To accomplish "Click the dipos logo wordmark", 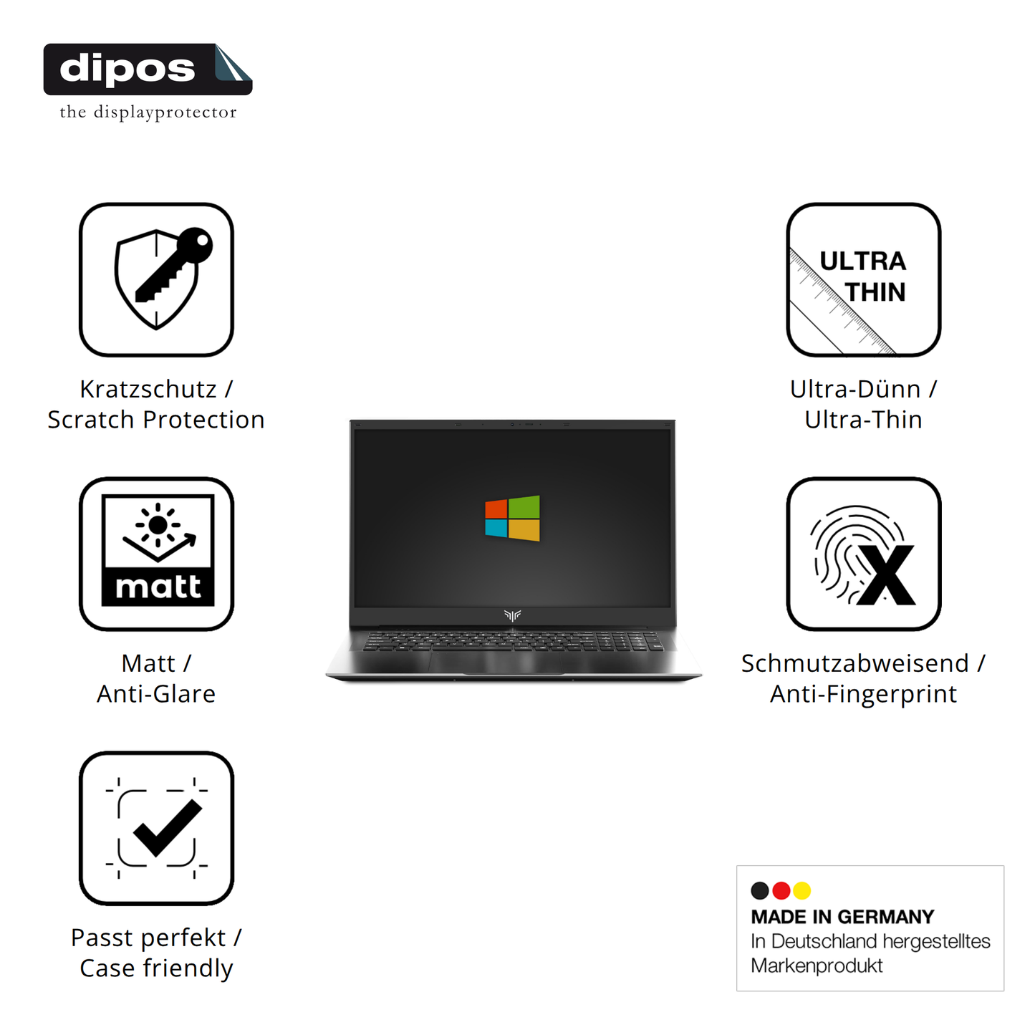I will pos(127,69).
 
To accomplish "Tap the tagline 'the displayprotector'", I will pos(148,112).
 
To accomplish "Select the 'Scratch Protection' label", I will pos(156,420).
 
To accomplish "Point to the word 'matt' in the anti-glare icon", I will pos(158,587).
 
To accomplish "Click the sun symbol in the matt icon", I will pos(158,525).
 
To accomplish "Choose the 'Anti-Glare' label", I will pos(156,694).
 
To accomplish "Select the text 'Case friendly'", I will pos(156,968).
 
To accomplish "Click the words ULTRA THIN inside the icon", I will pos(864,276).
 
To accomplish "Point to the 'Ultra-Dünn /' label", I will pos(863,389).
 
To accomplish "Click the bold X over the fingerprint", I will pos(886,575).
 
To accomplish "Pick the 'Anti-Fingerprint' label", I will pos(863,694).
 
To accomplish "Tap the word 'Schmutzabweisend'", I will pos(855,663).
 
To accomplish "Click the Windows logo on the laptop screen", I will pos(512,517).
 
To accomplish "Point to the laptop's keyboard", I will pos(513,640).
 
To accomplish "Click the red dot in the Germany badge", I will pos(781,890).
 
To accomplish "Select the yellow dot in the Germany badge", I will pos(802,890).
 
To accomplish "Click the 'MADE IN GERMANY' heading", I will pos(842,917).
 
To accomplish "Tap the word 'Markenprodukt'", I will pos(817,966).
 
